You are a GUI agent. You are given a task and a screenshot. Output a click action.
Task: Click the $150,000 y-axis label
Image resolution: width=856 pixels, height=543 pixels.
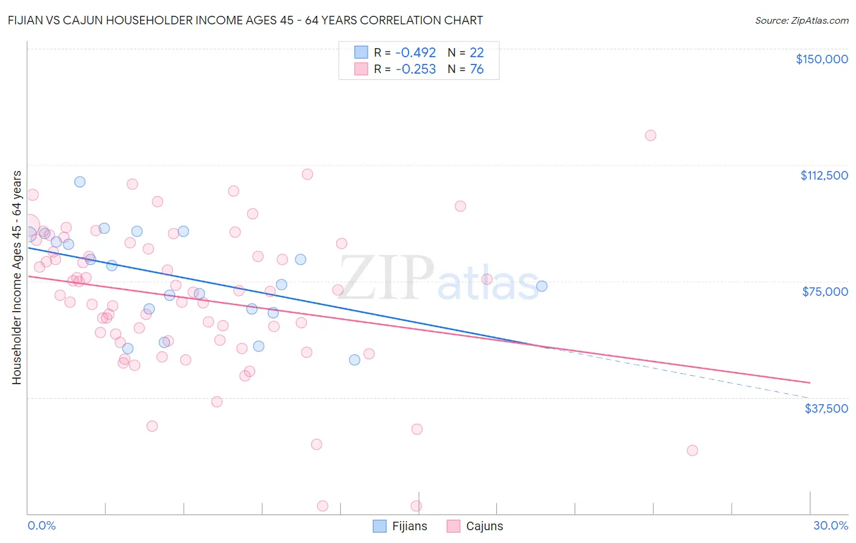pyautogui.click(x=821, y=59)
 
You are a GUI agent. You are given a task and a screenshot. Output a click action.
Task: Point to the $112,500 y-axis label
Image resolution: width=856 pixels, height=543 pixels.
pyautogui.click(x=824, y=175)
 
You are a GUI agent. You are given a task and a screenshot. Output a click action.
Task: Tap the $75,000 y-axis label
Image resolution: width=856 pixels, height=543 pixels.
pyautogui.click(x=825, y=292)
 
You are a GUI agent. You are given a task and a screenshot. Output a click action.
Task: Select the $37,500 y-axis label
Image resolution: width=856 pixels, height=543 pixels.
pyautogui.click(x=826, y=408)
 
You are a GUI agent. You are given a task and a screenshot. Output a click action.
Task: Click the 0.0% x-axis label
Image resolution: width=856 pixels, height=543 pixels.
pyautogui.click(x=41, y=526)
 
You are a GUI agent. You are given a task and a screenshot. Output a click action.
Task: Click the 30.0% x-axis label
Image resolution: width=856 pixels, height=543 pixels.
pyautogui.click(x=830, y=526)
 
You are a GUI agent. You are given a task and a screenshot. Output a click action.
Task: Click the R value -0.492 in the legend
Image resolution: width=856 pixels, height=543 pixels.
pyautogui.click(x=415, y=52)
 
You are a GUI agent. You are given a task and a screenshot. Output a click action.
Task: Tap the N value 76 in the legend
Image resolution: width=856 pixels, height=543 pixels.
pyautogui.click(x=477, y=69)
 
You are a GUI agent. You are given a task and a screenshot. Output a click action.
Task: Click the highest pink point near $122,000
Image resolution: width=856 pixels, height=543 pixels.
pyautogui.click(x=650, y=135)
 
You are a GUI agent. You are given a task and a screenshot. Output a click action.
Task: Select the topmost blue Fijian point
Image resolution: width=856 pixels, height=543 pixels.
pyautogui.click(x=80, y=181)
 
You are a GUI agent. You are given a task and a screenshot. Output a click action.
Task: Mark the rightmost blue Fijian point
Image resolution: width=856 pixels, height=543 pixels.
pyautogui.click(x=541, y=286)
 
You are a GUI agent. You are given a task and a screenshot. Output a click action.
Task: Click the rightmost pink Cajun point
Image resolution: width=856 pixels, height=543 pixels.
pyautogui.click(x=692, y=450)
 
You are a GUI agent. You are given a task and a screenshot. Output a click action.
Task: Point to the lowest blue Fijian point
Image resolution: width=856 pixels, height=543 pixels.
pyautogui.click(x=354, y=360)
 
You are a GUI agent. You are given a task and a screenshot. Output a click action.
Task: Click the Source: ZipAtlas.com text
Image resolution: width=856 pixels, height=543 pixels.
pyautogui.click(x=801, y=20)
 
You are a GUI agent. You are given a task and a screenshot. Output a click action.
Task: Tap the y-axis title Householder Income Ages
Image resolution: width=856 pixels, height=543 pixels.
pyautogui.click(x=16, y=278)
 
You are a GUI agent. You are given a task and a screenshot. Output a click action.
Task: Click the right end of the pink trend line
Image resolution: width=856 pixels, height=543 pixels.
pyautogui.click(x=810, y=382)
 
